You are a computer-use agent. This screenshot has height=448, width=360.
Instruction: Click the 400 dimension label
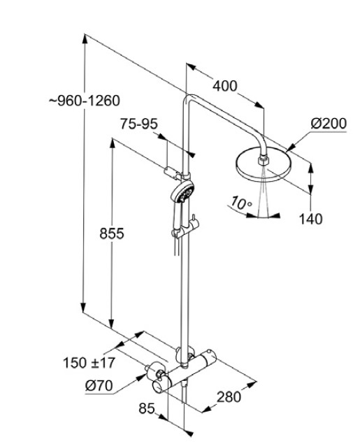pyautogui.click(x=224, y=87)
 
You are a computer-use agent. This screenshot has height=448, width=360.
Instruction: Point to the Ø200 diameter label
pyautogui.click(x=329, y=124)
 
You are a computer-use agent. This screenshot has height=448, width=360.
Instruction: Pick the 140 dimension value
pyautogui.click(x=310, y=219)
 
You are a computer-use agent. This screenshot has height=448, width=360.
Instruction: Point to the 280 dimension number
pyautogui.click(x=228, y=396)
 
